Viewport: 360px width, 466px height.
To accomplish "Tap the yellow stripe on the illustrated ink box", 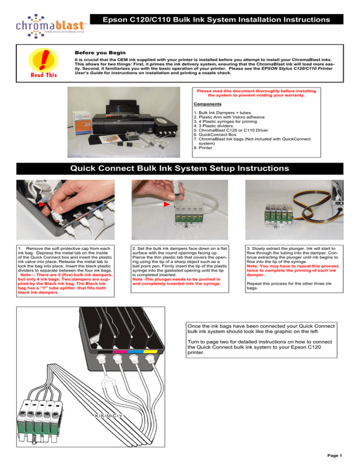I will click(x=150, y=349).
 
